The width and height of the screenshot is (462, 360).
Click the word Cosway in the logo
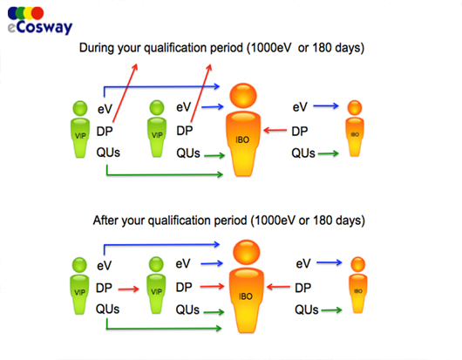(x=44, y=27)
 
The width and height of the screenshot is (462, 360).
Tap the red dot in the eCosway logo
(x=37, y=13)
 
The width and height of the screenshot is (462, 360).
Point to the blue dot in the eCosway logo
(x=12, y=13)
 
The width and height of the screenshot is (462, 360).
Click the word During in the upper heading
(x=97, y=48)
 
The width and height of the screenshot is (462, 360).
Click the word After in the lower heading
(x=105, y=220)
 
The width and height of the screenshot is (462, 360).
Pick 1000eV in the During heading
(x=271, y=48)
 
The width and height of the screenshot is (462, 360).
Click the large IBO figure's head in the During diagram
(x=243, y=96)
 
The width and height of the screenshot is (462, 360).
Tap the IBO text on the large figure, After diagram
(x=246, y=296)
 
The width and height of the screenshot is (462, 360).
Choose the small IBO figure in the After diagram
(x=357, y=285)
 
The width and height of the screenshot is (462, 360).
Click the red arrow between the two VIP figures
(x=128, y=289)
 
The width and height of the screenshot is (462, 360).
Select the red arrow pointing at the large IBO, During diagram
(x=275, y=130)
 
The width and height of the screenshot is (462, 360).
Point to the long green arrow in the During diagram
(x=165, y=174)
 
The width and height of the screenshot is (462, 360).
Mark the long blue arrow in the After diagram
(x=162, y=245)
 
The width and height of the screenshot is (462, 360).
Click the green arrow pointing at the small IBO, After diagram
(x=331, y=310)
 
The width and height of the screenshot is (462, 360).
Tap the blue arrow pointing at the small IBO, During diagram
(x=326, y=105)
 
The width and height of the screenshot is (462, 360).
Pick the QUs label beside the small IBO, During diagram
(x=303, y=153)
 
